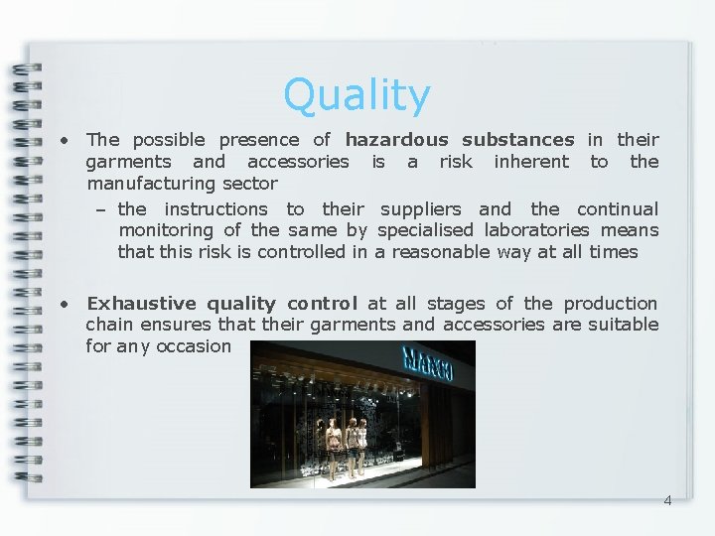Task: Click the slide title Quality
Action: coord(357,96)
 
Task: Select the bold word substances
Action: coord(517,140)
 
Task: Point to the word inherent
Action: coord(531,162)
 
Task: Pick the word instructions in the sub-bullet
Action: coord(215,209)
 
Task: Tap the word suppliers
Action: coord(422,209)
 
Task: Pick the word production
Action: coord(611,304)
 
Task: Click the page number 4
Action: coord(667,500)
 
